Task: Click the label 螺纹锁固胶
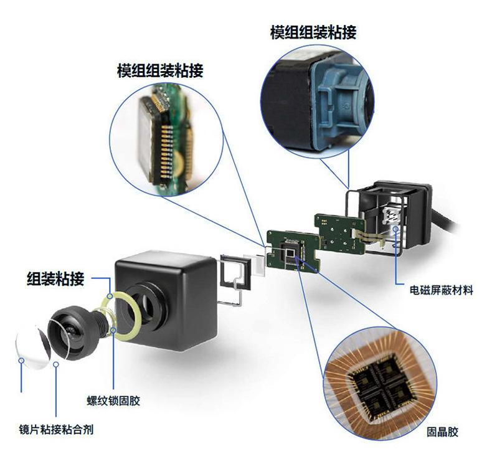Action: pos(113,400)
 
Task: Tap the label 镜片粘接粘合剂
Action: pos(56,430)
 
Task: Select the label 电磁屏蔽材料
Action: pos(441,290)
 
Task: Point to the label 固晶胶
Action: pos(442,432)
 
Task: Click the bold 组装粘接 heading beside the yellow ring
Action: pos(55,279)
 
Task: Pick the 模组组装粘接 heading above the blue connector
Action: pos(313,32)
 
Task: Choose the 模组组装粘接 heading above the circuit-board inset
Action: pos(160,70)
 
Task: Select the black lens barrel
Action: pos(72,333)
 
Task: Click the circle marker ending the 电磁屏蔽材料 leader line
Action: pos(396,229)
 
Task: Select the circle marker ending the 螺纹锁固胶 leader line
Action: pos(113,330)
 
